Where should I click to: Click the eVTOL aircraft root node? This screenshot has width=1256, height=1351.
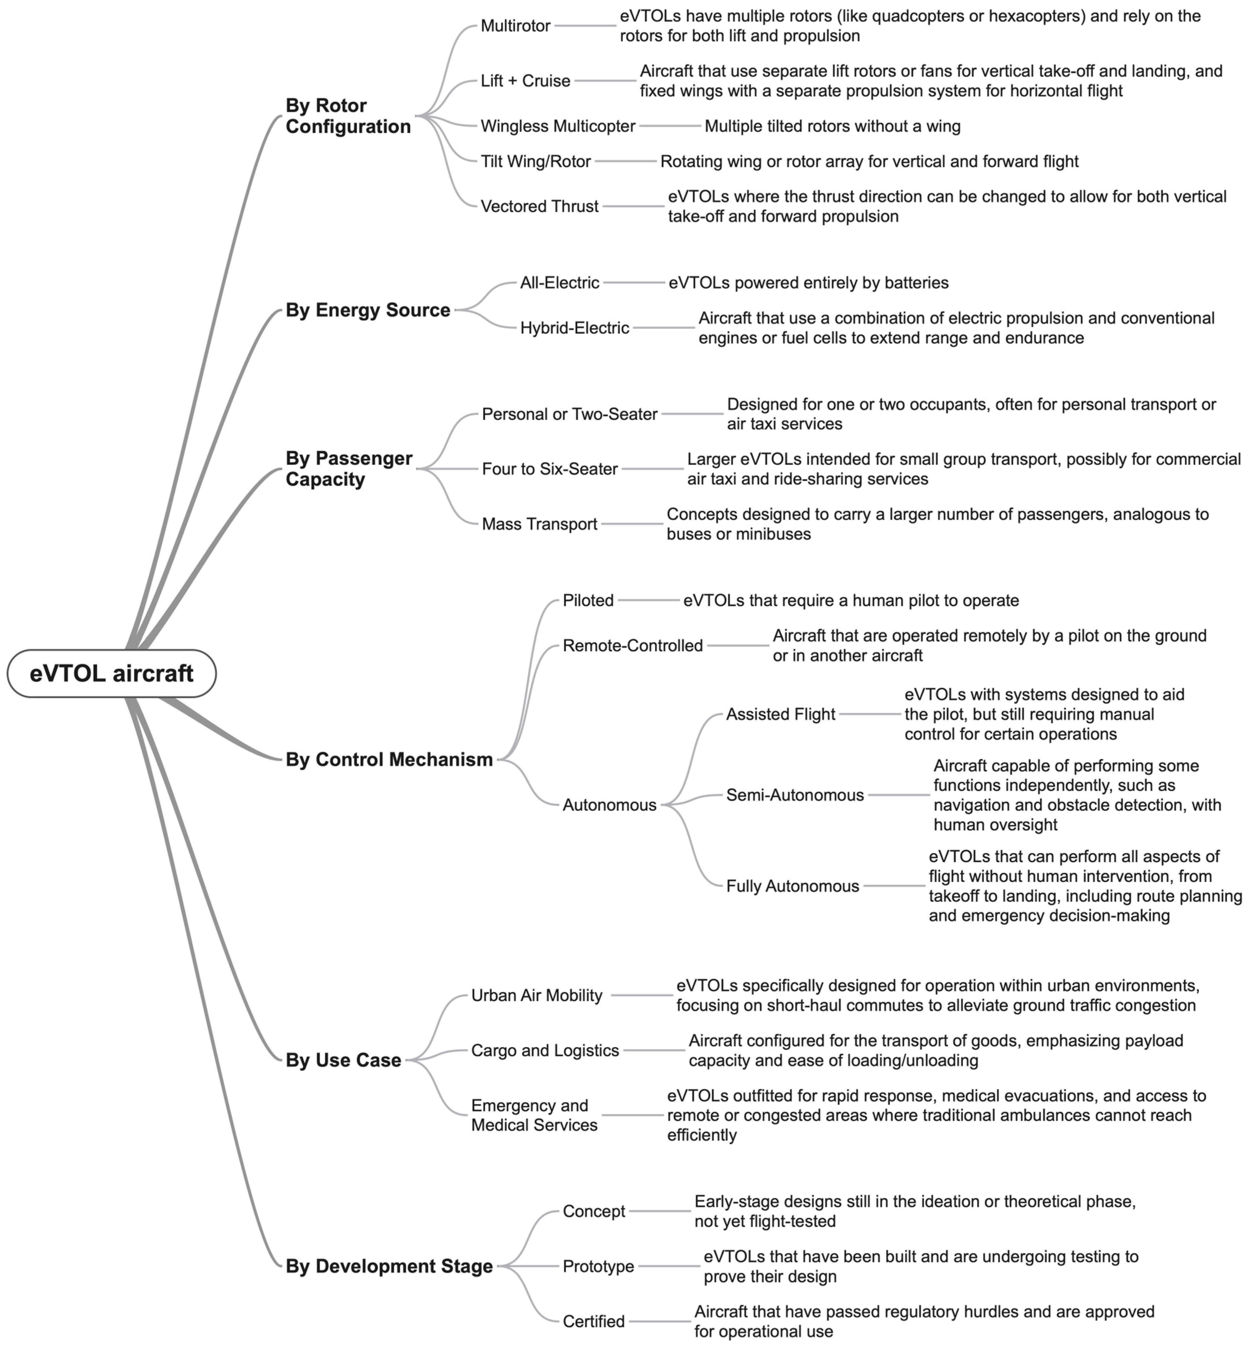tap(111, 673)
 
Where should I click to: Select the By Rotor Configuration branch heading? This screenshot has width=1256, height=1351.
tap(348, 116)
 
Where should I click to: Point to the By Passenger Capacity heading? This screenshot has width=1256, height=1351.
tap(349, 469)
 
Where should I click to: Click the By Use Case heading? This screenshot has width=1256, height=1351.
tap(343, 1060)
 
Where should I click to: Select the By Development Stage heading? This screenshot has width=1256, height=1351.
tap(388, 1266)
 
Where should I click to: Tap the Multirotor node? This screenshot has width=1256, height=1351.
tap(515, 26)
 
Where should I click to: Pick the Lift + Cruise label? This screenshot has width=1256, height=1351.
tap(525, 81)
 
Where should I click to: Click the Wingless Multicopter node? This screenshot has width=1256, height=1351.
tap(558, 126)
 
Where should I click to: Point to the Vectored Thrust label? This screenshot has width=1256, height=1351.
tap(539, 206)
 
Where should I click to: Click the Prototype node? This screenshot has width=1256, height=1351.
tap(598, 1266)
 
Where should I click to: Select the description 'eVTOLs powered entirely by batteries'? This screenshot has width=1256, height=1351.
tap(808, 283)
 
